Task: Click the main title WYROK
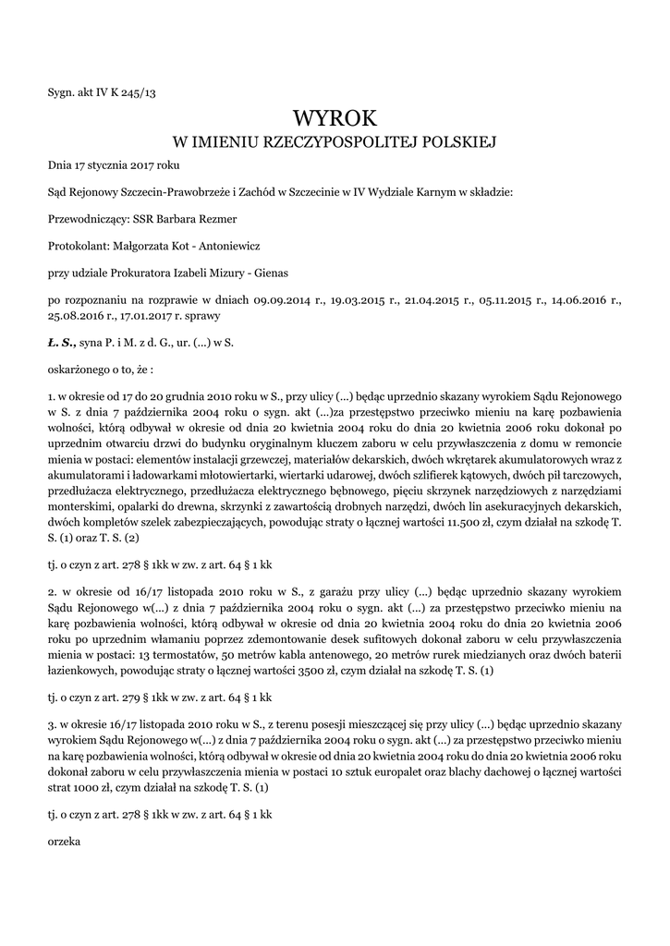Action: [335, 117]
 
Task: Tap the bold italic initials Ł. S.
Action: [62, 342]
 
